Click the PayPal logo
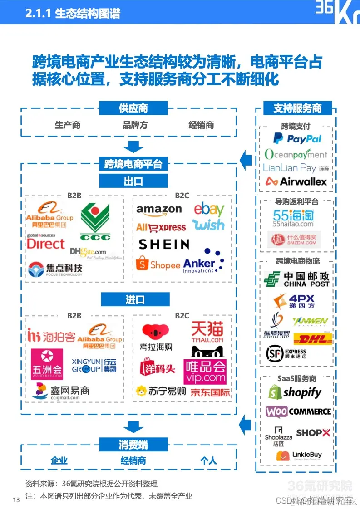(x=297, y=139)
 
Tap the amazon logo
(x=159, y=210)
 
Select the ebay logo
(x=209, y=210)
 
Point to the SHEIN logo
(x=164, y=244)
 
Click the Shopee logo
(x=158, y=264)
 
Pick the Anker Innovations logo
(x=203, y=262)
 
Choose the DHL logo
(x=313, y=338)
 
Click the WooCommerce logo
(x=298, y=411)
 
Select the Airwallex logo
(x=296, y=181)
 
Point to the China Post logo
(x=297, y=279)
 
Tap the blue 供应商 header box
(x=133, y=108)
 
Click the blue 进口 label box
(x=135, y=299)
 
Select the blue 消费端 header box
(x=133, y=445)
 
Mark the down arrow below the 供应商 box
(x=133, y=147)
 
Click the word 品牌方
(x=135, y=125)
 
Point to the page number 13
(x=16, y=500)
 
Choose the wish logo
(x=208, y=225)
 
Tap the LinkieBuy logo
(x=299, y=455)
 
